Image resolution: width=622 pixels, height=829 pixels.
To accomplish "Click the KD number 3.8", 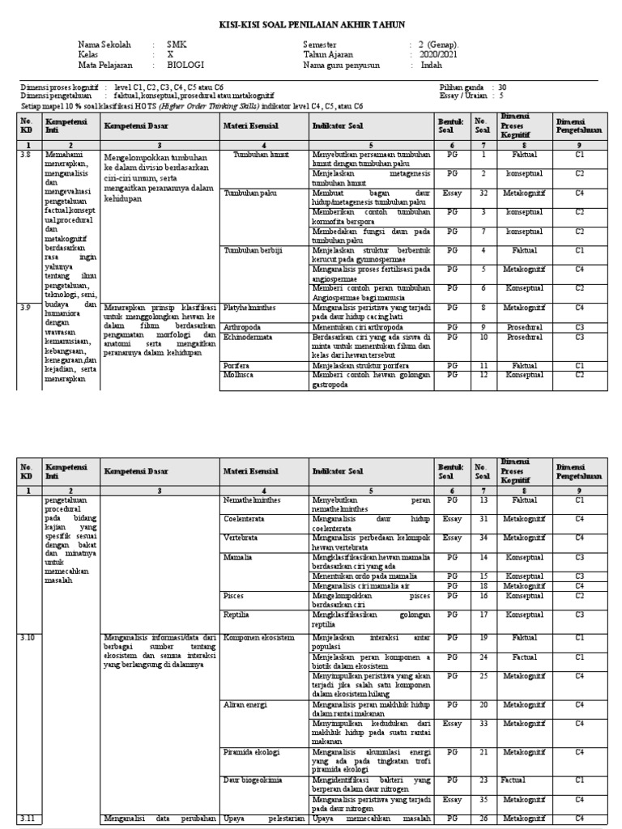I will click(x=25, y=153).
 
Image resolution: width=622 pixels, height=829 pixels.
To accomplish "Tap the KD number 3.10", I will click(x=27, y=637).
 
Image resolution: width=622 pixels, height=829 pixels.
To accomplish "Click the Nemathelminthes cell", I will click(x=253, y=501).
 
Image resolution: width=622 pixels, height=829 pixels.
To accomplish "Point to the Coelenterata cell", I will click(x=248, y=517).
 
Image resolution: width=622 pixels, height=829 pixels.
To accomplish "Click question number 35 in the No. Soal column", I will click(x=483, y=799).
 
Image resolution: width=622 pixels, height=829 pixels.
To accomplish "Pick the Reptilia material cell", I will click(x=236, y=614).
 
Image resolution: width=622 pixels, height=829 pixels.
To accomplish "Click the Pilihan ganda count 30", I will click(x=503, y=87).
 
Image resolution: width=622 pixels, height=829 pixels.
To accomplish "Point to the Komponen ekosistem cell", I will click(x=258, y=637).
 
